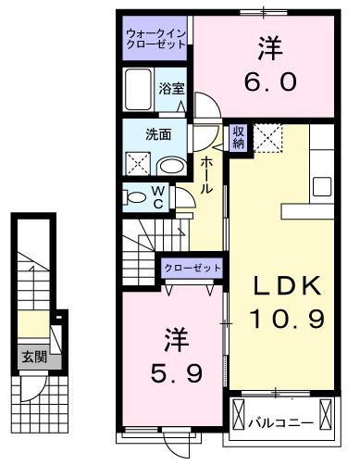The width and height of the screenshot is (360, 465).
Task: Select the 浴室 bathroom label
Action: click(171, 89)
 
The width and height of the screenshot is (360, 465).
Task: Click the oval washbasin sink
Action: click(170, 165)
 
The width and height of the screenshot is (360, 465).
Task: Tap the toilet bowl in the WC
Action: click(135, 195)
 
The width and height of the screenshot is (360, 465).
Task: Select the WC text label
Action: click(158, 196)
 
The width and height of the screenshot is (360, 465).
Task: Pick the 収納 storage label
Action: click(238, 138)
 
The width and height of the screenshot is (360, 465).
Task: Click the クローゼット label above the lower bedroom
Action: click(192, 268)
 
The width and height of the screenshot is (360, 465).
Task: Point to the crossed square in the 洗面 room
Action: click(138, 165)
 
